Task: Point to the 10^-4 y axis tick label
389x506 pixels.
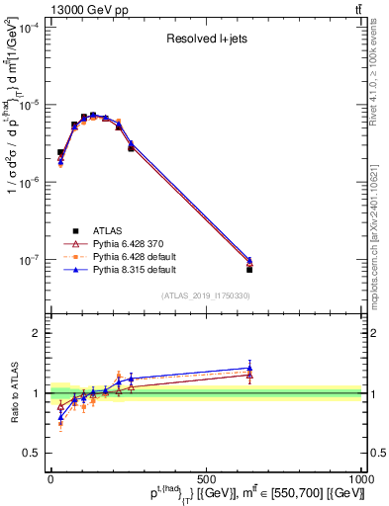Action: pos(29,28)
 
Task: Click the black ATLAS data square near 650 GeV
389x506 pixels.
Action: pos(249,269)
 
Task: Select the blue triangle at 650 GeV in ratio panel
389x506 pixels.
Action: pos(249,368)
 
